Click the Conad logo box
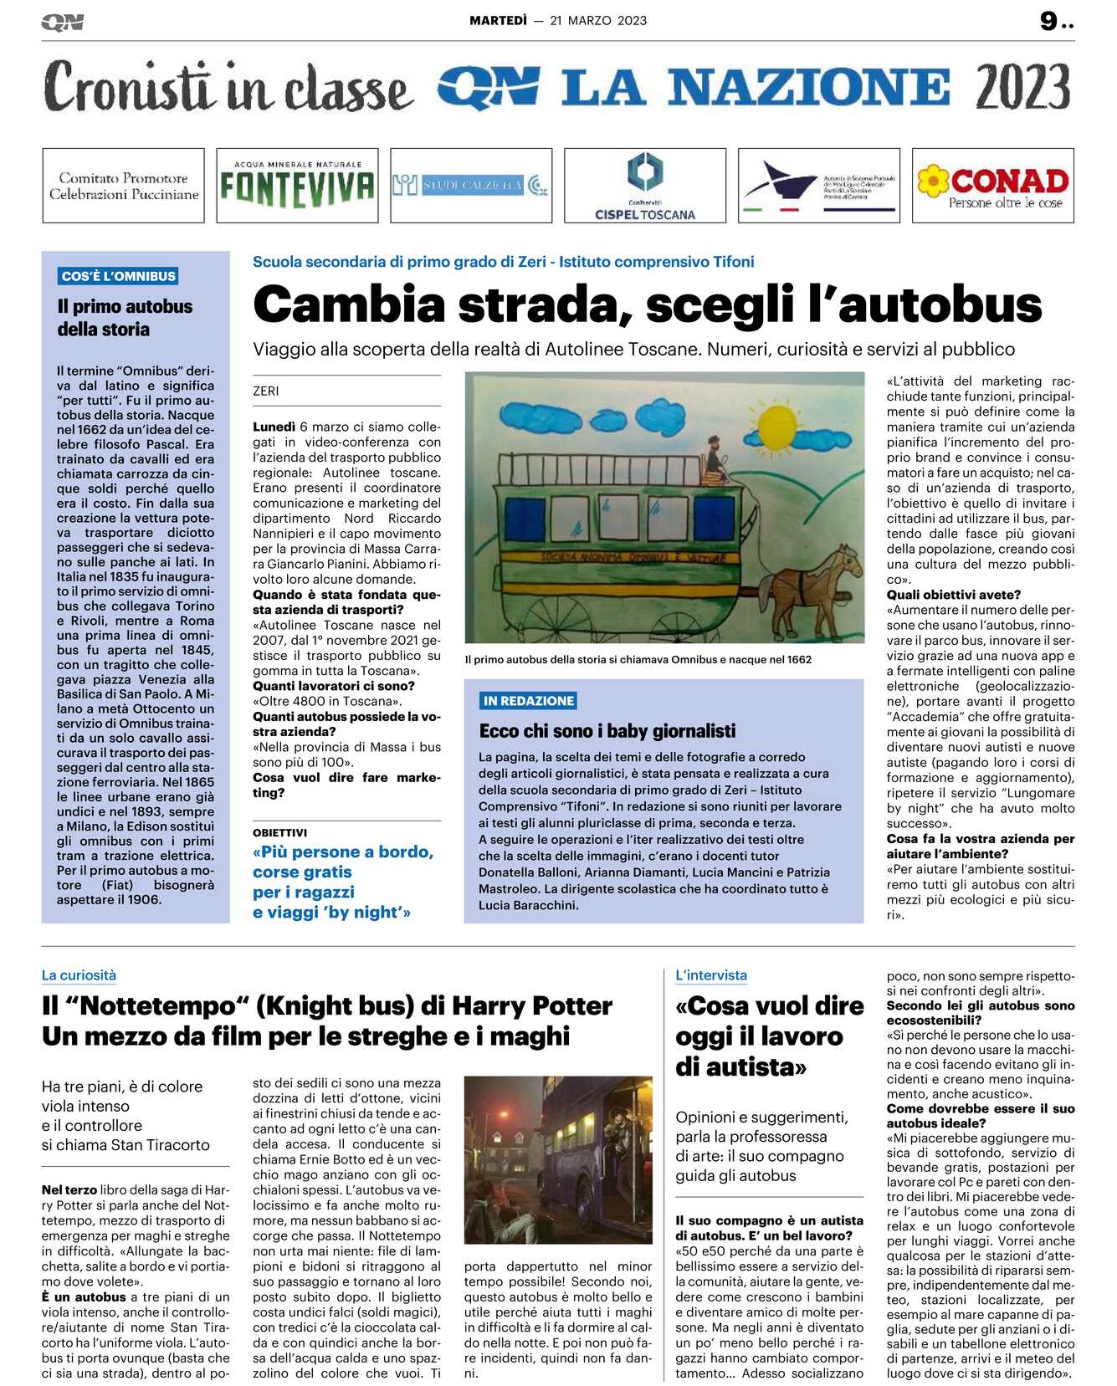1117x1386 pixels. pyautogui.click(x=992, y=186)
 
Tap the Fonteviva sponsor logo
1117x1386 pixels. pyautogui.click(x=297, y=186)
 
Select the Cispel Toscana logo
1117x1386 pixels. pyautogui.click(x=644, y=186)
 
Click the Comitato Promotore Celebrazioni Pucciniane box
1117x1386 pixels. pyautogui.click(x=123, y=186)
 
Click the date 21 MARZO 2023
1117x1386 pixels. pyautogui.click(x=598, y=21)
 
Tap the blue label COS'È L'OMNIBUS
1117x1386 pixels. pyautogui.click(x=118, y=276)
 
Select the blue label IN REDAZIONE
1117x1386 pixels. pyautogui.click(x=528, y=701)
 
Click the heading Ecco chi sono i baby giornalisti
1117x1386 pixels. pyautogui.click(x=607, y=731)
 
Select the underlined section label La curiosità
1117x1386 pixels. pyautogui.click(x=79, y=975)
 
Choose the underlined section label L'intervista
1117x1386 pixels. pyautogui.click(x=711, y=975)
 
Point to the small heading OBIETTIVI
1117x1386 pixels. pyautogui.click(x=279, y=832)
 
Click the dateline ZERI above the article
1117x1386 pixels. pyautogui.click(x=266, y=391)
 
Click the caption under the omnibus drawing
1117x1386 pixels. pyautogui.click(x=638, y=659)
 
